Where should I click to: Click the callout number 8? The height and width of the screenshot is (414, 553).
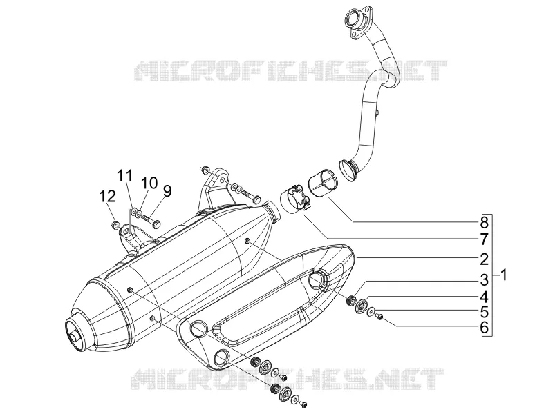pos(485,222)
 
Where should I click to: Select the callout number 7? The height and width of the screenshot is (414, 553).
pos(485,239)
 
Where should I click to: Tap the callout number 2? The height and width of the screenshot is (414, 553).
pos(485,259)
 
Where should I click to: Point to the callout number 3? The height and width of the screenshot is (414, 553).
pos(485,280)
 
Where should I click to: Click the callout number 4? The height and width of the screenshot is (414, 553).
pos(485,297)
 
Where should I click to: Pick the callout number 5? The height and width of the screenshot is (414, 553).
pos(485,313)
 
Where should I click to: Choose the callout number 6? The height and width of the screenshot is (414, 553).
pos(485,328)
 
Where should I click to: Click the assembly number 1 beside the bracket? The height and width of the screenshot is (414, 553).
pos(504,275)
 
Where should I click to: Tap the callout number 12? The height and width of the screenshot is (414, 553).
pos(107,197)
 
